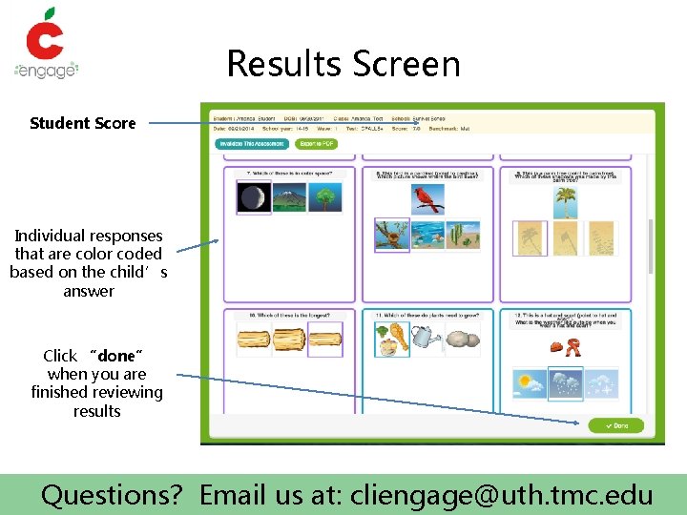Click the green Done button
[x=615, y=425]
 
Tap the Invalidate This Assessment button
[x=251, y=144]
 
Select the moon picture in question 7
[x=253, y=197]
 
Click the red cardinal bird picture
[x=427, y=198]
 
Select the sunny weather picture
[x=529, y=384]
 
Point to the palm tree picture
[x=565, y=200]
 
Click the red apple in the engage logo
[x=44, y=35]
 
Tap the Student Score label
[x=83, y=123]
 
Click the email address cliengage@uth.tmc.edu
[x=502, y=495]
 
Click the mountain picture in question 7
[x=289, y=197]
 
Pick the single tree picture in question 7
[x=324, y=197]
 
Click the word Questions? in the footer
[x=112, y=495]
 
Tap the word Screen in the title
[x=406, y=64]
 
